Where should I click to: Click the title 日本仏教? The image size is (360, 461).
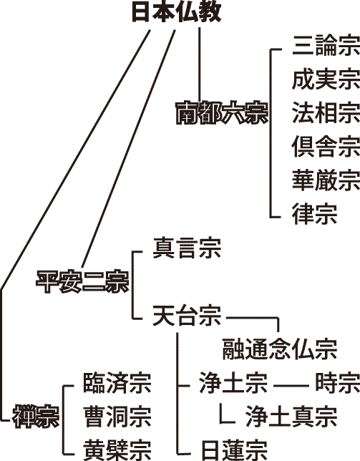[176, 12]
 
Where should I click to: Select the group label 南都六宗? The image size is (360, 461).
[222, 113]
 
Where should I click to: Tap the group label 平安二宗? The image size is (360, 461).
[82, 281]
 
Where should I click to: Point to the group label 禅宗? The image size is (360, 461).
[36, 417]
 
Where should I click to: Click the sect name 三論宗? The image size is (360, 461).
[326, 46]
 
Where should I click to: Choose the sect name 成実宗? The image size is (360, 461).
[326, 79]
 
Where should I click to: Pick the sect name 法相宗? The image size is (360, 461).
[326, 112]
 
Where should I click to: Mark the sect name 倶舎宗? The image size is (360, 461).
[326, 146]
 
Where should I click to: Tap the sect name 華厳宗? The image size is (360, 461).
[326, 180]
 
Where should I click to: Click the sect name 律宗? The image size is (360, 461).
[314, 213]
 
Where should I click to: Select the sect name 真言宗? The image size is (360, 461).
[187, 248]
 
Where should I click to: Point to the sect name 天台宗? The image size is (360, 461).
[187, 316]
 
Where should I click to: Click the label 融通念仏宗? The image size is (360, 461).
[279, 349]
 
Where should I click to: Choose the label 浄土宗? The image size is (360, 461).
[233, 382]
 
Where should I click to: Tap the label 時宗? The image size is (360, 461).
[338, 382]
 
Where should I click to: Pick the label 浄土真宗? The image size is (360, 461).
[291, 416]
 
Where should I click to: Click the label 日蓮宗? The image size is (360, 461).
[234, 450]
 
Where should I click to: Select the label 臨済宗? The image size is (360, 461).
[117, 382]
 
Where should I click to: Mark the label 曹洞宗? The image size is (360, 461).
[117, 416]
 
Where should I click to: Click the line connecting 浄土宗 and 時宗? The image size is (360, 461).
[291, 385]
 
